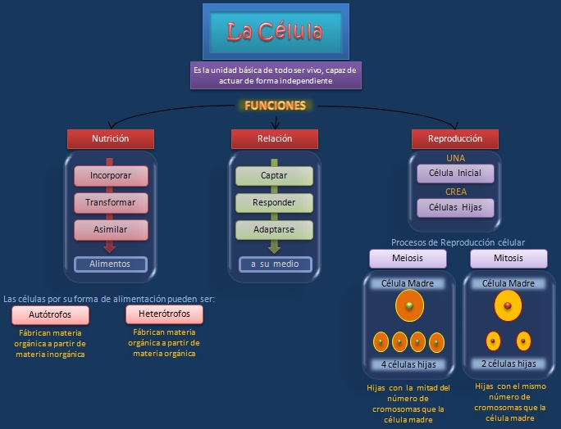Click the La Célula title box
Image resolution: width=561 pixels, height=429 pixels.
[276, 32]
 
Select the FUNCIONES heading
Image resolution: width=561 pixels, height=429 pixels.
[275, 106]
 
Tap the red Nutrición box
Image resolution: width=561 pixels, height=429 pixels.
[110, 138]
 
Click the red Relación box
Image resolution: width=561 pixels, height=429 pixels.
[274, 138]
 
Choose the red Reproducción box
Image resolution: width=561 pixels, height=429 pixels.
[455, 138]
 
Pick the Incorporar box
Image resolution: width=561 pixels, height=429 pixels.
[110, 175]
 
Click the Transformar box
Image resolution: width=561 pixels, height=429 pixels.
[110, 201]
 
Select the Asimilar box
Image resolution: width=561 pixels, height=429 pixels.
[110, 228]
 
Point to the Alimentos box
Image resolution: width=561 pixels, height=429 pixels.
[110, 264]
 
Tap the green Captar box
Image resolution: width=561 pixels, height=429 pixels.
[274, 175]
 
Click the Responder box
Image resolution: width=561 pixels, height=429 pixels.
[274, 201]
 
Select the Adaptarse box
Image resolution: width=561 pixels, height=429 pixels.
[274, 228]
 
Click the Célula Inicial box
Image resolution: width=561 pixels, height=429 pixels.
[455, 174]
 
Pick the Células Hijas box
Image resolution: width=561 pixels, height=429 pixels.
[455, 207]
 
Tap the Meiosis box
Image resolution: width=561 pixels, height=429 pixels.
[408, 259]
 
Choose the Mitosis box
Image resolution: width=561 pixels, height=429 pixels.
[509, 259]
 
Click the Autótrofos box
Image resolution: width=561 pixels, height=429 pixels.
[50, 315]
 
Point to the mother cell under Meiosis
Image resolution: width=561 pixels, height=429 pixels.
[408, 307]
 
